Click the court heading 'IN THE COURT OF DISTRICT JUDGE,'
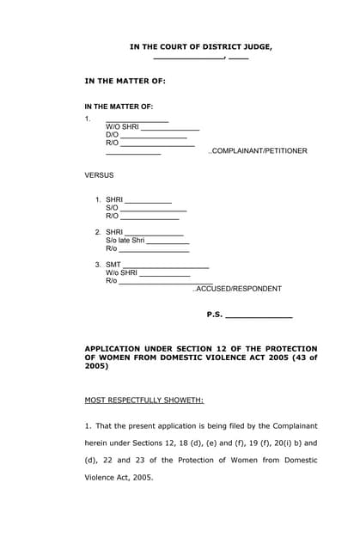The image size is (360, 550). tap(200, 46)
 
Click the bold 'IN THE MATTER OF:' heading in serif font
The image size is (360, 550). tap(125, 81)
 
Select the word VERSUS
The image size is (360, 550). tap(99, 175)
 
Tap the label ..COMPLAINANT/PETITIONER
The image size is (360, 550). tap(257, 151)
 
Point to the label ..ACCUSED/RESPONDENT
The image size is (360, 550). tap(236, 289)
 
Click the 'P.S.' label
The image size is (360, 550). tap(214, 315)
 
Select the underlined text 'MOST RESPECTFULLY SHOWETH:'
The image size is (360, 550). tap(143, 400)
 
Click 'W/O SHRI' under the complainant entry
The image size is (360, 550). tap(122, 126)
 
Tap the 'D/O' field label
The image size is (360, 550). tap(112, 135)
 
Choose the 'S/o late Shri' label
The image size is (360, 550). tap(125, 240)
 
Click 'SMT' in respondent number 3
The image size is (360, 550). tap(113, 264)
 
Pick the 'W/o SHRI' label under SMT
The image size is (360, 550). tap(121, 272)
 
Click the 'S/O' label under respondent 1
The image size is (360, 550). tap(112, 208)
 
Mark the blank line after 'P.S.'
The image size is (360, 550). tap(259, 317)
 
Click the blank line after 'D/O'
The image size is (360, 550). tap(154, 137)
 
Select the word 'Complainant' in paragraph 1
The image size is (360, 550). tap(295, 425)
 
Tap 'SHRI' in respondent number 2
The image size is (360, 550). tap(114, 232)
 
